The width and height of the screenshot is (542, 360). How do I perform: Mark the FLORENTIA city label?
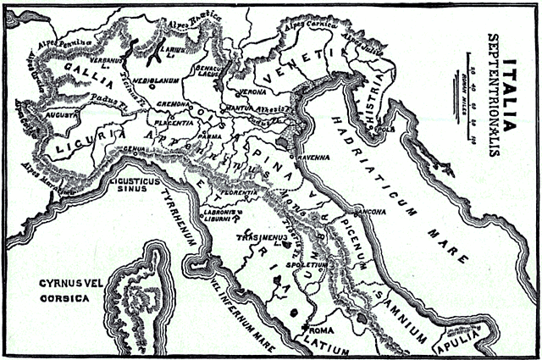[237, 195]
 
